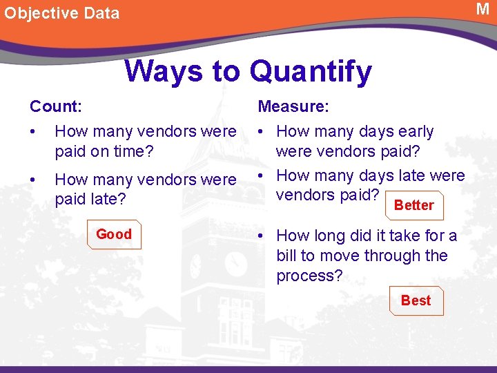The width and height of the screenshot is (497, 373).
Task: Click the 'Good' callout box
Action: pos(114,234)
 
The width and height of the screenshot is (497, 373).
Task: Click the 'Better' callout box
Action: pos(413,205)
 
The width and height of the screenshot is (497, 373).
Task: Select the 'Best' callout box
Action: pos(416,300)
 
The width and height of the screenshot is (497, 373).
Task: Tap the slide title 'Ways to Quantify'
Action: pos(248,71)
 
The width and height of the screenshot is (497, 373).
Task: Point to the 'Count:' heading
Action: pos(56,106)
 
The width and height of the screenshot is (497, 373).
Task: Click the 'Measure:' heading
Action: pos(293,106)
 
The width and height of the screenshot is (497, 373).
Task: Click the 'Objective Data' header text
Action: pos(61,13)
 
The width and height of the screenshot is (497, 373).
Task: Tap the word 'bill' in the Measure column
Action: pos(286,256)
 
